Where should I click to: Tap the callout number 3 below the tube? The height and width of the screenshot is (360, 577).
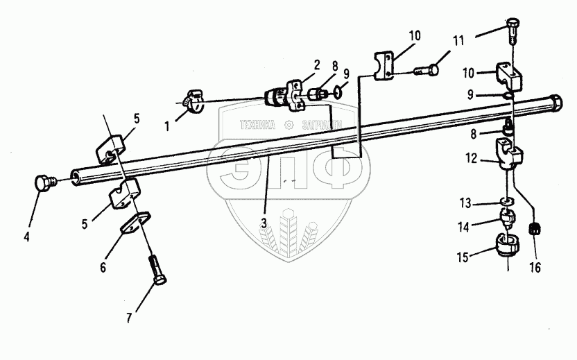click(x=264, y=222)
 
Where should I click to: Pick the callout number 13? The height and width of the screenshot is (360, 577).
click(x=467, y=203)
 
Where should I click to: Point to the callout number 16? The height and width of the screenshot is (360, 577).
click(x=535, y=266)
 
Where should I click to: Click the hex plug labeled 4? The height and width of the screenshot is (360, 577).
click(x=44, y=184)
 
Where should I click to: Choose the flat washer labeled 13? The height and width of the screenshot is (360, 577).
click(x=506, y=202)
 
